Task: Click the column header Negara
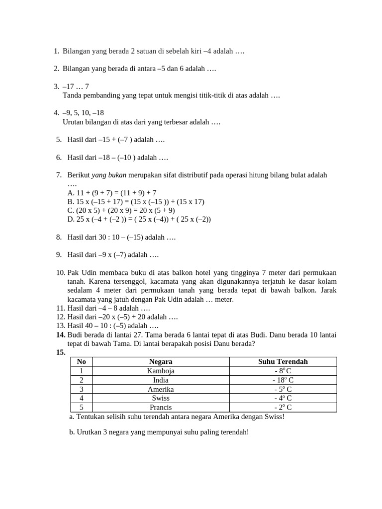[x=161, y=361]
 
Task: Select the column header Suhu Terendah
[x=283, y=361]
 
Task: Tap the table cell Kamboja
[x=161, y=371]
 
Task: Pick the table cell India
[x=161, y=380]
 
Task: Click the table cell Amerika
[x=161, y=389]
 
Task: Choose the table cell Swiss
[x=161, y=398]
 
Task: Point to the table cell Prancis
[x=161, y=407]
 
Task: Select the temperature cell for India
[x=283, y=380]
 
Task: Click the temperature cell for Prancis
[x=283, y=407]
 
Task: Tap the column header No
[x=82, y=361]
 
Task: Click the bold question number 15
[x=61, y=352]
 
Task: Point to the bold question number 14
[x=61, y=335]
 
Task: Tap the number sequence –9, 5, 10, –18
[x=83, y=113]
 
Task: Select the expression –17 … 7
[x=76, y=86]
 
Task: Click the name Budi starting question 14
[x=75, y=335]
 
